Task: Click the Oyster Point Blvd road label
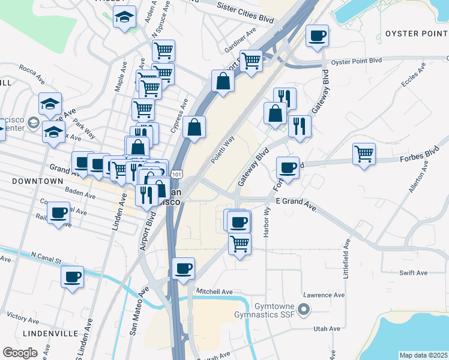click(357, 61)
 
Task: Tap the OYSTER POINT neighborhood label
click(417, 32)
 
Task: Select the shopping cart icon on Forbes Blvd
click(364, 154)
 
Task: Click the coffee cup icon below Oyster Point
click(317, 35)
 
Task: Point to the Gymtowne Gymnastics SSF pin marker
click(304, 310)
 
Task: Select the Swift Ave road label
click(413, 272)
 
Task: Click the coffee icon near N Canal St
click(73, 277)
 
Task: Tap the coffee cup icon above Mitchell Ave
click(183, 268)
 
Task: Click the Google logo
click(20, 352)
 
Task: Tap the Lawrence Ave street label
click(324, 295)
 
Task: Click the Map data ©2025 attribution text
click(423, 355)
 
